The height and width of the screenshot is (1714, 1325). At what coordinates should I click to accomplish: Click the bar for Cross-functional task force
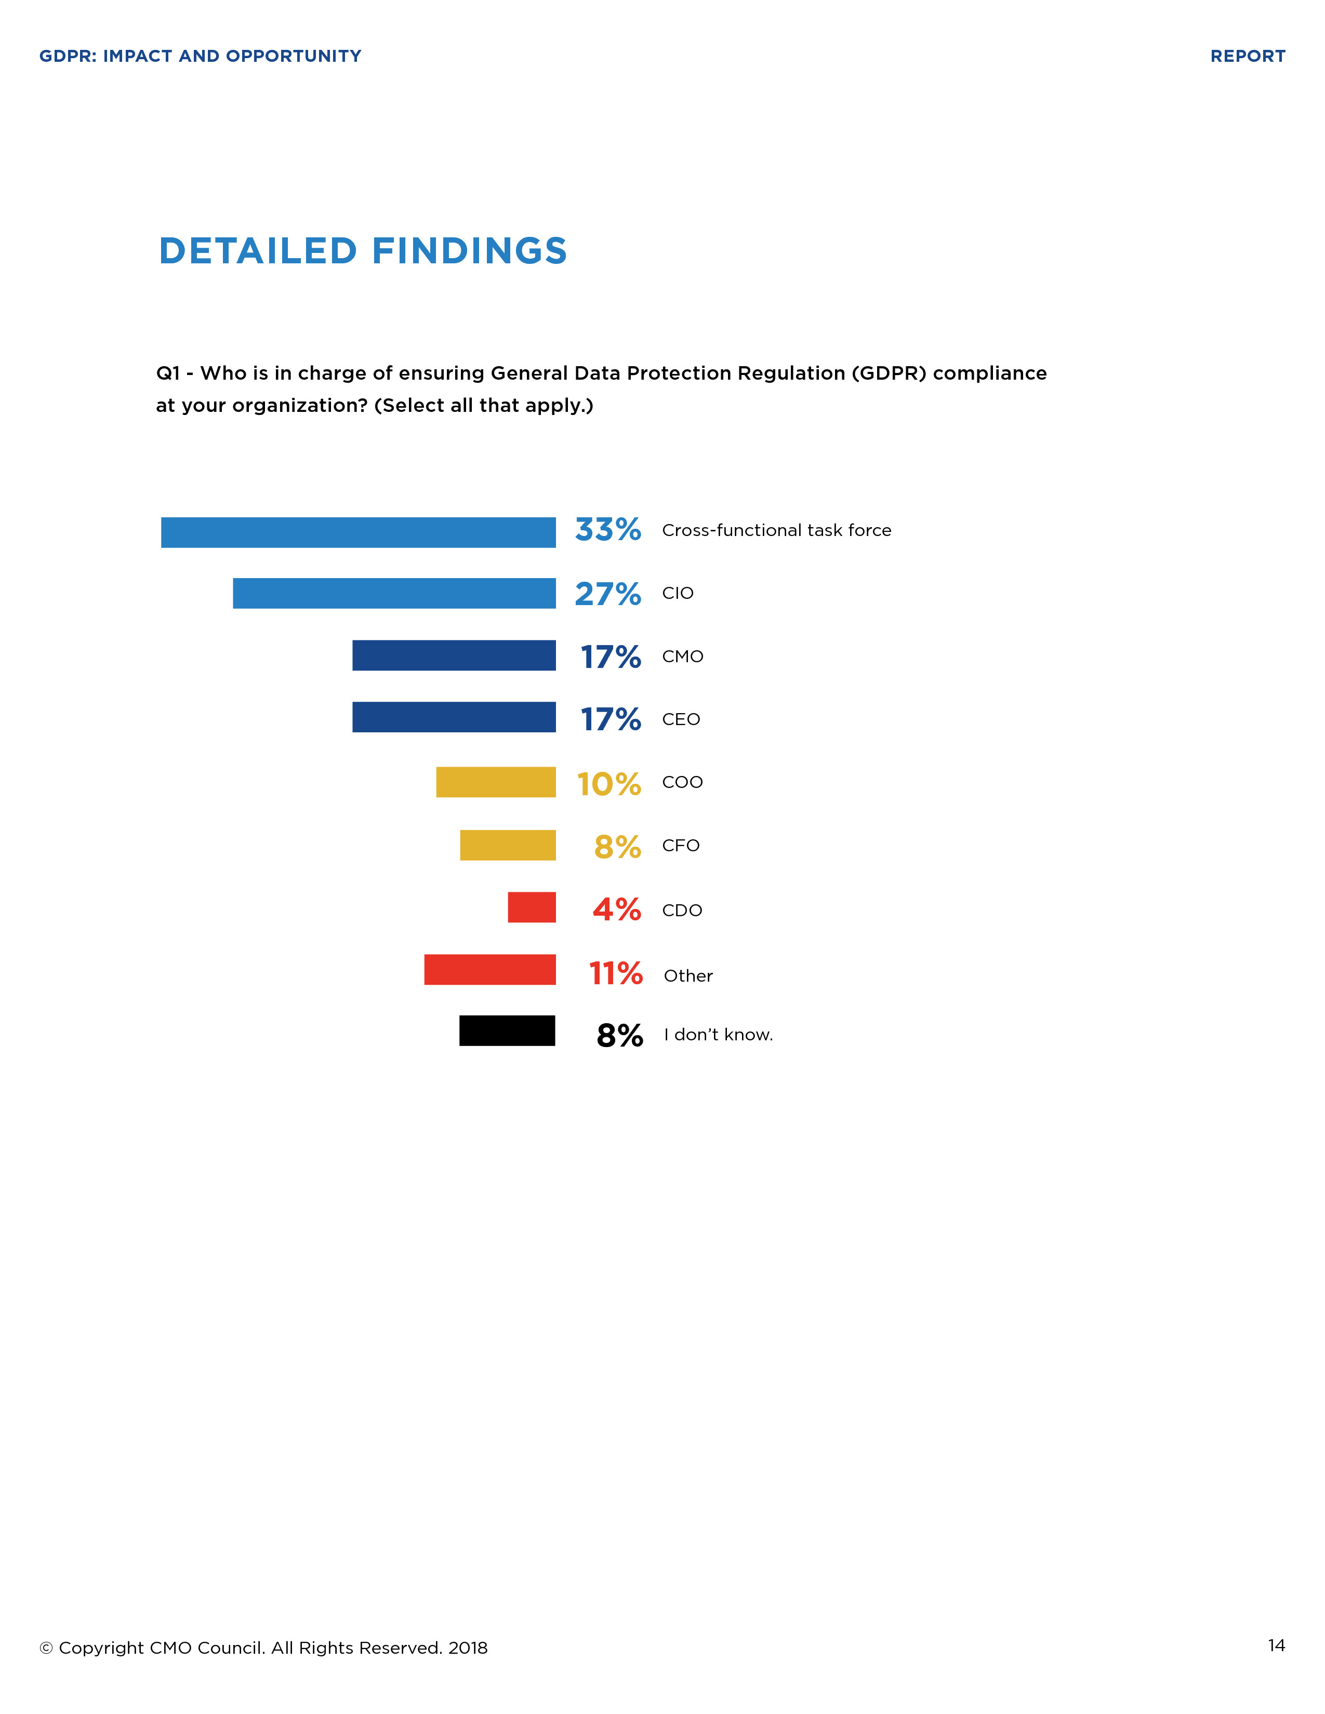[x=358, y=532]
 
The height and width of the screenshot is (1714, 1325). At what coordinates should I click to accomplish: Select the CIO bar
[x=394, y=593]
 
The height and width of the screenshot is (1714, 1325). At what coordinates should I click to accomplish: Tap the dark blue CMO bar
[x=454, y=655]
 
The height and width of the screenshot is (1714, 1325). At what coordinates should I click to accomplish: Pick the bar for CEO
[x=454, y=717]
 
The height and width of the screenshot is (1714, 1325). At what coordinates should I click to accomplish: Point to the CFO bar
[x=507, y=845]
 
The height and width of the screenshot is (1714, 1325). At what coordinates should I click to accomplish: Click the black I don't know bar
[x=507, y=1030]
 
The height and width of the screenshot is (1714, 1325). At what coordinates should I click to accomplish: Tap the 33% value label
[x=607, y=530]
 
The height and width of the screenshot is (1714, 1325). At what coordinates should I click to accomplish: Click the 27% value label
[x=607, y=594]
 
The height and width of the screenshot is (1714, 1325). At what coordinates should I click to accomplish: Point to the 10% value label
[x=608, y=784]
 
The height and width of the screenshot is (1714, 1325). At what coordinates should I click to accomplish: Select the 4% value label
[x=616, y=909]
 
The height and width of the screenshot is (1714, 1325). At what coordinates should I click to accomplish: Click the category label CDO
[x=681, y=910]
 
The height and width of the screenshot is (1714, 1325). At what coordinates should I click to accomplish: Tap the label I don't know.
[x=718, y=1035]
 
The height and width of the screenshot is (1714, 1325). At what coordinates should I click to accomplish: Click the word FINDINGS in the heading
[x=469, y=251]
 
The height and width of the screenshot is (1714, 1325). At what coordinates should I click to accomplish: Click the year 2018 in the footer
[x=468, y=1648]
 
